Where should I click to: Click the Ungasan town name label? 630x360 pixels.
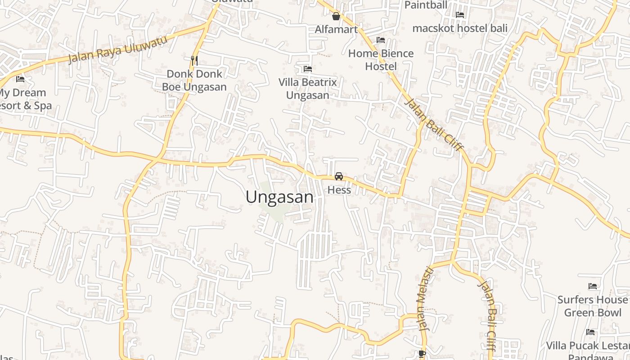point(279,197)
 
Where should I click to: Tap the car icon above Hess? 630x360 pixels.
point(339,176)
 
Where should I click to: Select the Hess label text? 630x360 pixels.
point(339,190)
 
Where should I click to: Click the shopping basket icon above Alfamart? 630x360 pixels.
point(336,17)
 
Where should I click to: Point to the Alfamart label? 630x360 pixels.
point(336,30)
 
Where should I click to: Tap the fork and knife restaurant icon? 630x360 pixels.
point(194,60)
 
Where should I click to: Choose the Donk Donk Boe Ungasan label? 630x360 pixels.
point(194,80)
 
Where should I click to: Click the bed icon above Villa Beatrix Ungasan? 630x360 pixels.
point(308,69)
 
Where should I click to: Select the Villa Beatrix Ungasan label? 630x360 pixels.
point(308,89)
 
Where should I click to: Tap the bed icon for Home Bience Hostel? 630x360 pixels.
point(381,40)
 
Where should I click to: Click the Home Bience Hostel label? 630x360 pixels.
point(381,60)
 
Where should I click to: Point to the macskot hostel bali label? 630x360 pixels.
point(460,28)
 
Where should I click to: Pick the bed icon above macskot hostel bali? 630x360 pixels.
point(460,15)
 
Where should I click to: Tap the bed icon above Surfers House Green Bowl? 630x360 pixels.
point(593,286)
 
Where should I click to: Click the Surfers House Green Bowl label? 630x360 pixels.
point(593,306)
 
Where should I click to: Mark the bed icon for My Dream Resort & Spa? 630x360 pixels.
point(20,79)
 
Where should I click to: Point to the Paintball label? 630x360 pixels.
point(426,5)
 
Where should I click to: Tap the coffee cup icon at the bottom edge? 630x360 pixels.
point(422,354)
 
